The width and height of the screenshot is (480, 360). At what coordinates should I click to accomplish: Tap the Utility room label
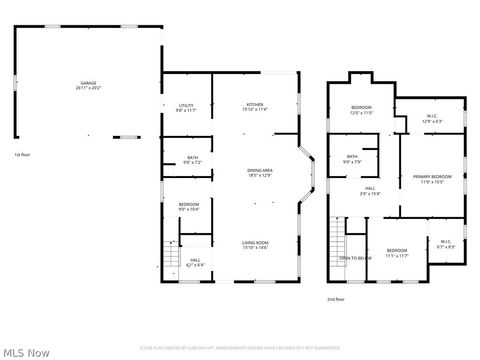tap(186, 107)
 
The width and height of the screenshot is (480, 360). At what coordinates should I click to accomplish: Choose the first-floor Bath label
tap(192, 159)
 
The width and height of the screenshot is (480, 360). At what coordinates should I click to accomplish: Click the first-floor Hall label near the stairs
tap(195, 263)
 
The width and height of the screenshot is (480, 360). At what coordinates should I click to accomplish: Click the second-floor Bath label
tap(352, 159)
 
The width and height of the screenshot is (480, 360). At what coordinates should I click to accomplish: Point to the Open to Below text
tap(355, 257)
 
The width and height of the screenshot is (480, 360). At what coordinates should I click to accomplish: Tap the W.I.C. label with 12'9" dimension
tap(432, 119)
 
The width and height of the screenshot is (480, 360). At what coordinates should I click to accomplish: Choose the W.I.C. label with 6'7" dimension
tap(446, 243)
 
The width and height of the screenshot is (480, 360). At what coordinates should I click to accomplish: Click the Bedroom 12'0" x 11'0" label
tap(361, 109)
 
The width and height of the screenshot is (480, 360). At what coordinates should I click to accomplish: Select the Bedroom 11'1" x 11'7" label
tap(397, 253)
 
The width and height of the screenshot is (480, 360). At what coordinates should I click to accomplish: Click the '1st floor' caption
tap(22, 155)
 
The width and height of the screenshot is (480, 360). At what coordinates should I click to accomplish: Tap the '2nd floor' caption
tap(335, 299)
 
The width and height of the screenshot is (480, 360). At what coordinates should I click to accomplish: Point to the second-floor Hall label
tap(369, 191)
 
